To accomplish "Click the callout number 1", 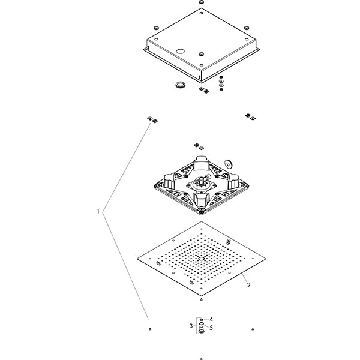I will (x=97, y=211).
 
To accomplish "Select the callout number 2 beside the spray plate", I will (x=248, y=286).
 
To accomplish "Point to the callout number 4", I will (x=211, y=319).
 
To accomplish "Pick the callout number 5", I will (x=211, y=328).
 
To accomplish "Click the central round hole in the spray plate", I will (x=201, y=260).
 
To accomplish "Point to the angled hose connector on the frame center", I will (x=203, y=179).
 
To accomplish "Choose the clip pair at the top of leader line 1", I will (x=151, y=120).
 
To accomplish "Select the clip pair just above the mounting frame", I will (x=199, y=146).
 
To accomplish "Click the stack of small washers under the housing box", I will (x=222, y=84).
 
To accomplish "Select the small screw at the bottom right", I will (x=253, y=329).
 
